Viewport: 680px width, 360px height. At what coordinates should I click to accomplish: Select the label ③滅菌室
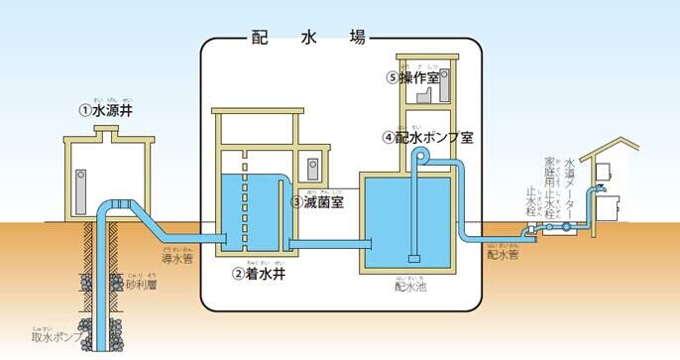pos(316,201)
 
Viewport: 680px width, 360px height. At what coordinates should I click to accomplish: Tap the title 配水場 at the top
pos(307,39)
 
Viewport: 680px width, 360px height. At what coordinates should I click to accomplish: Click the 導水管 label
pos(179,258)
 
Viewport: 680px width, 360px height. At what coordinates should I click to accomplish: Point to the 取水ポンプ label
pos(54,337)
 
